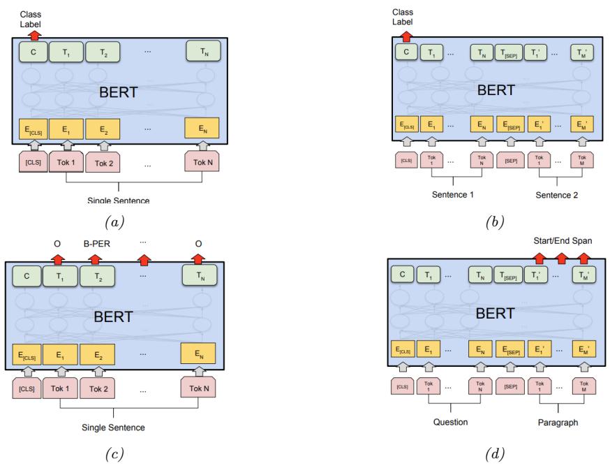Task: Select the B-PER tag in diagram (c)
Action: [x=93, y=246]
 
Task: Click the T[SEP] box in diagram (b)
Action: [x=507, y=52]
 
